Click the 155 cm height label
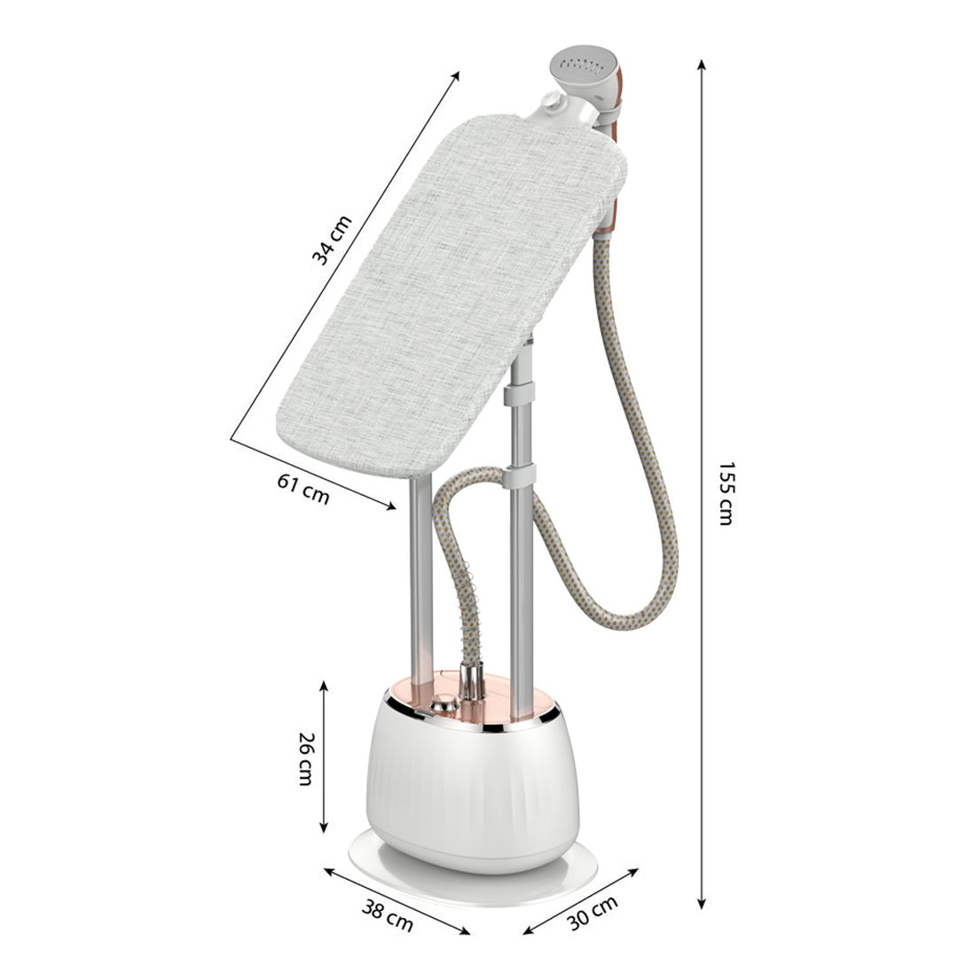(726, 493)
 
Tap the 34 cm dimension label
(333, 240)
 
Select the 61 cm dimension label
(303, 489)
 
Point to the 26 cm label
(305, 758)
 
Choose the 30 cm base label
(593, 912)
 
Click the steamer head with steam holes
(585, 72)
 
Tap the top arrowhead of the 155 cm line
(703, 65)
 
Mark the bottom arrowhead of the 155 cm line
(702, 903)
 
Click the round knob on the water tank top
(444, 704)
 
